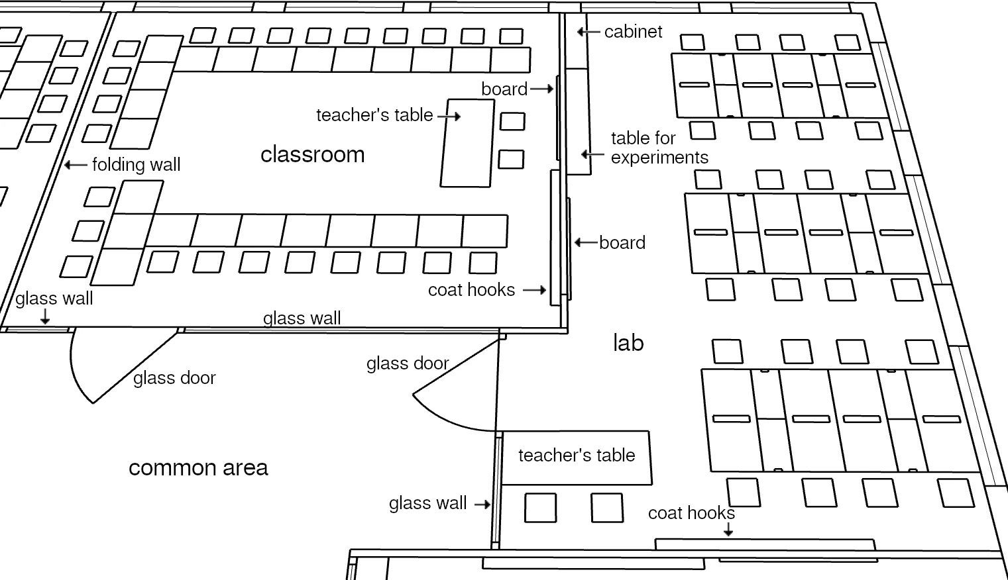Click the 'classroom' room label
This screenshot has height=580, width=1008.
pos(312,154)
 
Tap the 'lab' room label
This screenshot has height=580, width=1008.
pos(628,343)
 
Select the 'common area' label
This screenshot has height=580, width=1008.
pos(198,468)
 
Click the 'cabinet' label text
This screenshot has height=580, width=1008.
pos(633,32)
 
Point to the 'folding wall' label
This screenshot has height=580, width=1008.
pos(136,165)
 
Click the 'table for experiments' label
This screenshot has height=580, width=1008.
pos(659,148)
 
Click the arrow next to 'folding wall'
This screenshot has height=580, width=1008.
pos(76,165)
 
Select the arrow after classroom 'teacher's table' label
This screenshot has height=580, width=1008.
pos(449,116)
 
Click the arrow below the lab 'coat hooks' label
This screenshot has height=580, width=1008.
pos(728,529)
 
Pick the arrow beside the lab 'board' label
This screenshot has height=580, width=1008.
pos(585,242)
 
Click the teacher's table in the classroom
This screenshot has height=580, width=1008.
pos(467,143)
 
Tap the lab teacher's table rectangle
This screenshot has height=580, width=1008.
pos(576,457)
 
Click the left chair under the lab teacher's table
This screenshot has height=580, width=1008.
pos(540,508)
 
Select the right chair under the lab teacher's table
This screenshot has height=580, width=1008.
pos(606,508)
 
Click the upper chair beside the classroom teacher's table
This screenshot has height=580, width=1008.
pos(512,121)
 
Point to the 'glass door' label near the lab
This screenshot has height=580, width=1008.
pos(408,363)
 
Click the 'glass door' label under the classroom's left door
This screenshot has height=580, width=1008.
pos(174,378)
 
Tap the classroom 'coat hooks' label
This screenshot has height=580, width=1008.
pos(471,290)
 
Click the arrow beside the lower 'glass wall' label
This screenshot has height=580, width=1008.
pos(482,504)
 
